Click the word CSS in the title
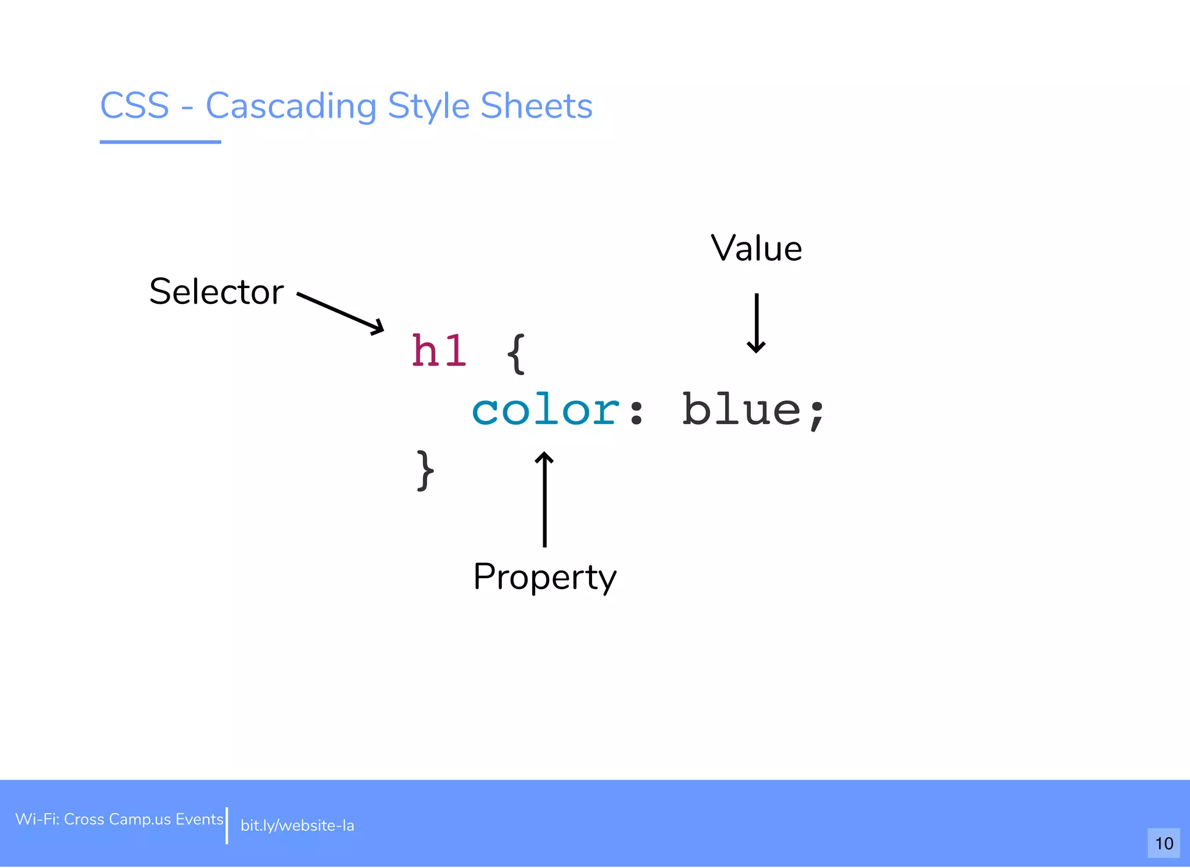pos(134,106)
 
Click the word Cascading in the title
pos(291,107)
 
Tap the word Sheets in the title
pos(536,106)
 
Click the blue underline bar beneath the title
pos(160,142)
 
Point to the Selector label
pos(216,292)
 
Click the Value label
pos(756,249)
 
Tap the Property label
pos(544,577)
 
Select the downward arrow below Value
pos(756,323)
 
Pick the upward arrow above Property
pos(544,500)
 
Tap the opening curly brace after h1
pos(516,353)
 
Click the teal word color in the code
pos(545,410)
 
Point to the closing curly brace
pos(425,471)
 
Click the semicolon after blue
pos(817,414)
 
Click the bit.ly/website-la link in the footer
pos(297,826)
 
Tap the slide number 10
pos(1164,843)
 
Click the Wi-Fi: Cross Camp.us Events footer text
pos(119,819)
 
